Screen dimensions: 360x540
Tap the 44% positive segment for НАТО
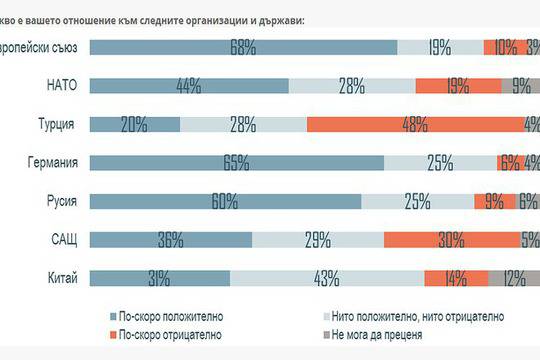coord(189,86)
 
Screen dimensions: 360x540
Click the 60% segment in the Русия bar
coord(225,201)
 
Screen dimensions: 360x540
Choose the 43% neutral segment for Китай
coord(327,278)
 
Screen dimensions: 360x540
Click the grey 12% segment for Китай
coord(513,278)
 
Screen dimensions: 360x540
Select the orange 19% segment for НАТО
coord(457,86)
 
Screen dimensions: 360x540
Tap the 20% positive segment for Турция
coord(135,124)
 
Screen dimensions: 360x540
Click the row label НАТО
coord(62,86)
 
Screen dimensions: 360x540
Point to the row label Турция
coord(57,124)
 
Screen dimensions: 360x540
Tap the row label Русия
coord(59,201)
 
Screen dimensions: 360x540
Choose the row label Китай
coord(60,278)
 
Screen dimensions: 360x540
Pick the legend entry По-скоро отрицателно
coord(161,335)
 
